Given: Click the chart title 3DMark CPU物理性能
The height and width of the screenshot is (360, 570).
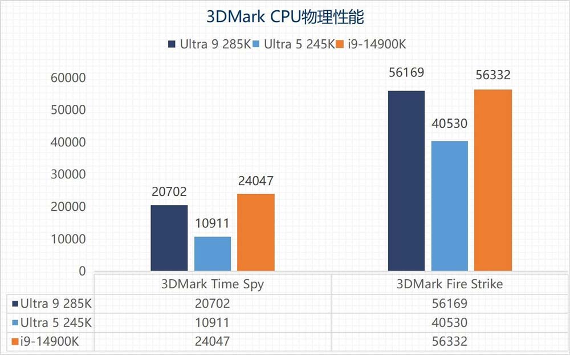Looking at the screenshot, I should [x=284, y=17].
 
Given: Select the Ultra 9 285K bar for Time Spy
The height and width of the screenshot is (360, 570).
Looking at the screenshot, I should [x=169, y=238].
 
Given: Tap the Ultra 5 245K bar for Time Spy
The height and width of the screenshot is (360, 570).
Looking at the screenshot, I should [x=212, y=254].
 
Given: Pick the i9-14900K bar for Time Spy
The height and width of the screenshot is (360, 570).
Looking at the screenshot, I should [x=255, y=232].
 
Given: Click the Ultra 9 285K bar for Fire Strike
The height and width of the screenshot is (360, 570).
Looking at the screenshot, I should [x=406, y=181].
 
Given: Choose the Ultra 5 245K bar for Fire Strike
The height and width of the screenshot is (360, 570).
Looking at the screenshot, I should [x=449, y=206].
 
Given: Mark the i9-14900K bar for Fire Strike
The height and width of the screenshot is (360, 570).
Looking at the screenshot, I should [x=492, y=180].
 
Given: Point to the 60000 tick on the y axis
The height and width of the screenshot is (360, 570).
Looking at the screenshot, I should [x=67, y=77].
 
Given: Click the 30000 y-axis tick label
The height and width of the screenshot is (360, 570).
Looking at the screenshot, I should [x=67, y=174].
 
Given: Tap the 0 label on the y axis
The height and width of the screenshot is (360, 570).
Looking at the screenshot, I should [x=82, y=271].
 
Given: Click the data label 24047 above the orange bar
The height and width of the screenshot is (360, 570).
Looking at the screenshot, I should [x=256, y=181].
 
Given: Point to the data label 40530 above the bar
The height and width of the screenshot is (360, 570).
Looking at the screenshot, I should [x=450, y=124].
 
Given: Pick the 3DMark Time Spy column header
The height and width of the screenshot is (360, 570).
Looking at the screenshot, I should [x=212, y=284].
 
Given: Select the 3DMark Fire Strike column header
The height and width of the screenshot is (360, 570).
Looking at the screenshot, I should [x=450, y=284].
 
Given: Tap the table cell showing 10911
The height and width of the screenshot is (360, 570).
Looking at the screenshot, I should [x=212, y=322].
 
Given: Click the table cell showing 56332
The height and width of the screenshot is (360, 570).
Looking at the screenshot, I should [x=450, y=341].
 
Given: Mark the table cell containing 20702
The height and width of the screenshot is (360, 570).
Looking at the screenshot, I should [x=212, y=303].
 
